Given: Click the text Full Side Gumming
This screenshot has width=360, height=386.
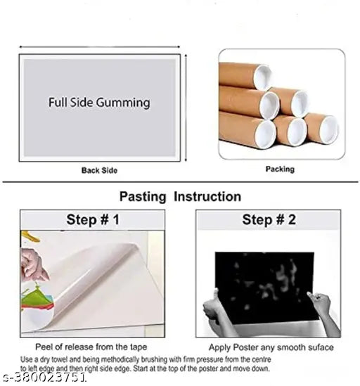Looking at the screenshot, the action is tap(99, 103).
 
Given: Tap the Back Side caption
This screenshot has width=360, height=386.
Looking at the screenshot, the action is tap(99, 170).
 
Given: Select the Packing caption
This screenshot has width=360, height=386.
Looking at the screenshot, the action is tap(280, 169).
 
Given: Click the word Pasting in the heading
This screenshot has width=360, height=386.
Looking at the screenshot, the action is tap(143, 197).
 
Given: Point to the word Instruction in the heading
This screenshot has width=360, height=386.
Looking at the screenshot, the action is tap(207, 197).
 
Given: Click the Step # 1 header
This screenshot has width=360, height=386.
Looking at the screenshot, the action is tap(93, 219).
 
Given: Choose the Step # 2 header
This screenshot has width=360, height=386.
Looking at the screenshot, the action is tap(269, 219).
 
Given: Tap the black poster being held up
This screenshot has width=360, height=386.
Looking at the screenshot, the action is tap(266, 287).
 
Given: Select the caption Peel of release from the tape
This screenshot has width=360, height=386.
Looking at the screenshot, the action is tap(91, 347).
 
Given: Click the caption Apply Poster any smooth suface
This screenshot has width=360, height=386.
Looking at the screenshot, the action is tap(271, 347).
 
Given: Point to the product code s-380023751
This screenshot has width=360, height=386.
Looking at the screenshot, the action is tap(44, 377).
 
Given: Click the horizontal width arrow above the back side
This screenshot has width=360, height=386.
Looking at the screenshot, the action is tap(99, 46).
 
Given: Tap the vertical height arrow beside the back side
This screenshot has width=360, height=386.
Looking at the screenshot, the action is tap(186, 108).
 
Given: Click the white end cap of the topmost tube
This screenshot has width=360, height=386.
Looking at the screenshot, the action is tap(262, 77).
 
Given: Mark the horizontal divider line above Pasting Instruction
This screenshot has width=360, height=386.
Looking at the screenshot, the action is tap(180, 182).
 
